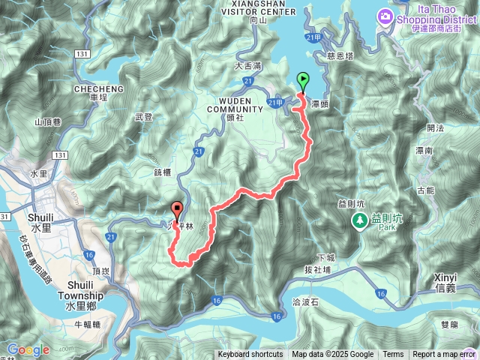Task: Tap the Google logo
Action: click(x=28, y=349)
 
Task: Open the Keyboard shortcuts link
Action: click(x=250, y=355)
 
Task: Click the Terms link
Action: click(x=393, y=355)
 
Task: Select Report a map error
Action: click(x=444, y=355)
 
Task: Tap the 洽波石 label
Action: click(x=304, y=301)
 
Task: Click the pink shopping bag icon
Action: click(x=385, y=16)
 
